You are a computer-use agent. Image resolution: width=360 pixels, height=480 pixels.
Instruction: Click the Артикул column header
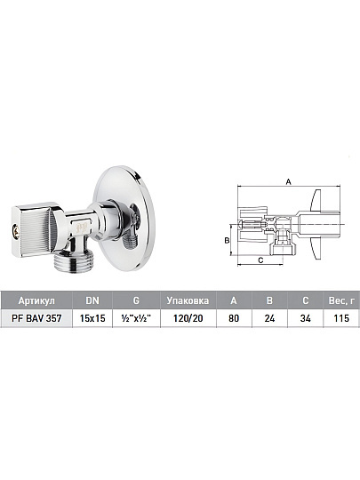point(36,300)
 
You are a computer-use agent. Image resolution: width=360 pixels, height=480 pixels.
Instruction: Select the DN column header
point(92,300)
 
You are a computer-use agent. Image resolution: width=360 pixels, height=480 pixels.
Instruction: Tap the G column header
point(136,300)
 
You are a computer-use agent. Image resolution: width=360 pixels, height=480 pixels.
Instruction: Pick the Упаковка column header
point(188,300)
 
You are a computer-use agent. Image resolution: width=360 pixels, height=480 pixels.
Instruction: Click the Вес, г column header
point(341,300)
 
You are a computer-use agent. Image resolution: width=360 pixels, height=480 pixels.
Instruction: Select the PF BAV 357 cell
point(36,318)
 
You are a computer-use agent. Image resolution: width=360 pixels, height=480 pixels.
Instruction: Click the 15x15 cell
point(92,318)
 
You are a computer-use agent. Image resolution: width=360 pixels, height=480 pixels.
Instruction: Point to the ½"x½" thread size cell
point(136,318)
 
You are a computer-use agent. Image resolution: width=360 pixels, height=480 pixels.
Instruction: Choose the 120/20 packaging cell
point(188,318)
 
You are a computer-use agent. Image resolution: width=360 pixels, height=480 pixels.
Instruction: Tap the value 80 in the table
point(234,318)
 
